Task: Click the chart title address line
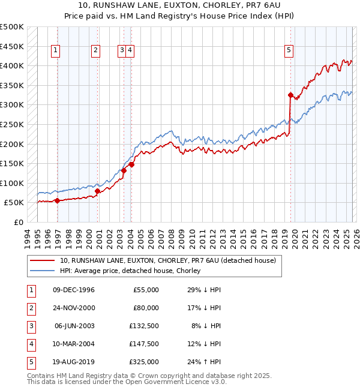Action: (180, 5)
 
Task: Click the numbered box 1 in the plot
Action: (55, 51)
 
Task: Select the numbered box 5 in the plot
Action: (289, 51)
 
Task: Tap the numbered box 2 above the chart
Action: (95, 51)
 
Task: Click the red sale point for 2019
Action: (290, 95)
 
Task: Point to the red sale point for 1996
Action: (58, 201)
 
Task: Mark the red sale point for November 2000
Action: (97, 191)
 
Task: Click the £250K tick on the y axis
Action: (12, 125)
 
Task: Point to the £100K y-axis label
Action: (12, 183)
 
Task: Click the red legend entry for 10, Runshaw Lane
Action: (167, 261)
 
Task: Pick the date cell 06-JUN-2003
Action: (73, 326)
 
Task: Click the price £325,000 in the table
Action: (145, 362)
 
